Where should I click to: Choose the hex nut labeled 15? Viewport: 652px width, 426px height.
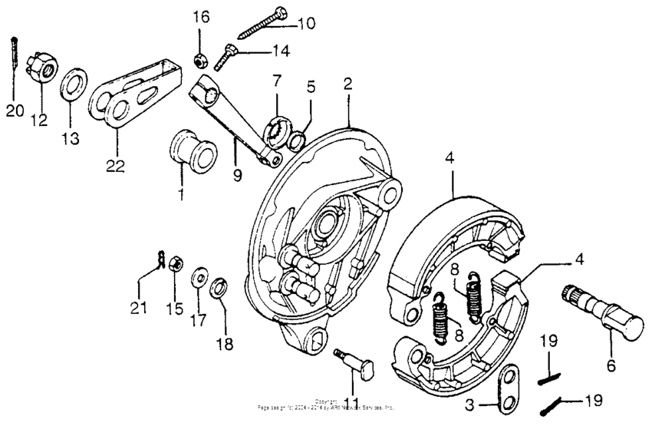point(173,263)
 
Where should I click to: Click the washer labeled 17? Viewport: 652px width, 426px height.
point(199,275)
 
